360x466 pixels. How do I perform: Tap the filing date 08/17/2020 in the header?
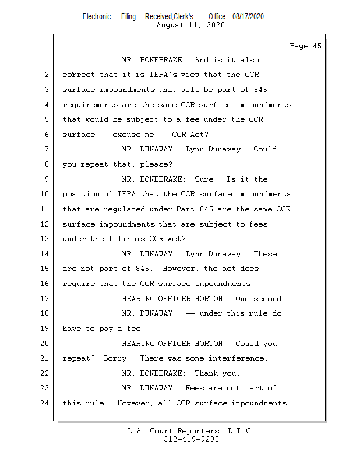tap(248, 17)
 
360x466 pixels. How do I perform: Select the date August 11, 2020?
tap(190, 25)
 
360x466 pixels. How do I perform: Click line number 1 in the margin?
tap(46, 60)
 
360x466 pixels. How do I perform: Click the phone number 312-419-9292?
tap(190, 439)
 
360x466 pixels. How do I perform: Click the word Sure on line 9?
tap(206, 179)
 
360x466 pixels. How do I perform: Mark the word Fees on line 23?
tap(195, 388)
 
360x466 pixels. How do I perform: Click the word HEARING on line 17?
tap(138, 299)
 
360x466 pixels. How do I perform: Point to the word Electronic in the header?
tap(96, 17)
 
